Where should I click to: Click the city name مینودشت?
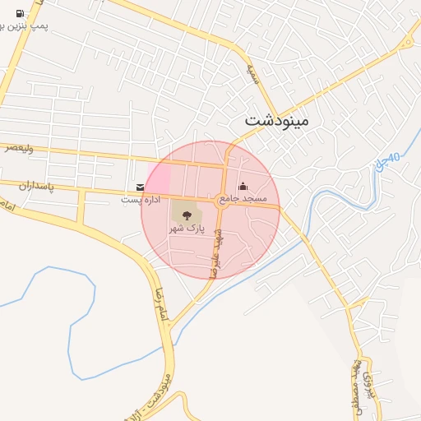click(x=276, y=120)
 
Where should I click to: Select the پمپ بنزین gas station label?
click(x=25, y=26)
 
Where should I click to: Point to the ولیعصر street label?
click(x=19, y=148)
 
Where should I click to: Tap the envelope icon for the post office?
click(x=141, y=187)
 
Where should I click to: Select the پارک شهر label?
click(x=185, y=227)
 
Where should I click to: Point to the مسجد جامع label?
click(x=248, y=200)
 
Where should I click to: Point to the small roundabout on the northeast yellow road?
click(x=406, y=44)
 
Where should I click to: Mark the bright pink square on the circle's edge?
click(x=158, y=176)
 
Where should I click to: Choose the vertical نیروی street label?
click(x=369, y=393)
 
